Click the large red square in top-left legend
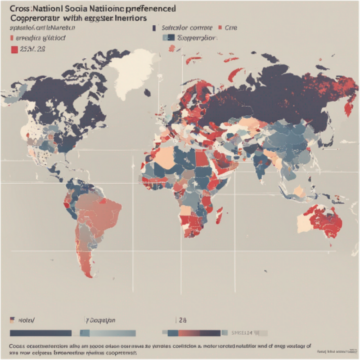[x=13, y=49]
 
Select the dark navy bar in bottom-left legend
[x=40, y=333]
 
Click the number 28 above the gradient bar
[x=183, y=320]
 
